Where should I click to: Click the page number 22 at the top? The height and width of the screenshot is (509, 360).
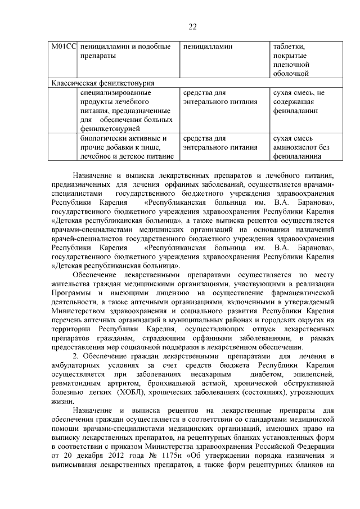(192, 26)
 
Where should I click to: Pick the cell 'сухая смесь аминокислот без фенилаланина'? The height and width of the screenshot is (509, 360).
(298, 147)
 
